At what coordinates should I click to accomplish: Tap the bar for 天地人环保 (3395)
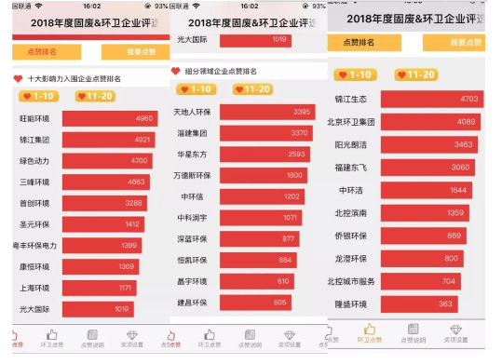253,112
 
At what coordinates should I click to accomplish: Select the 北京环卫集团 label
351,122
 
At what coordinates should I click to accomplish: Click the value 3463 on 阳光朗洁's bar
464,145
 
